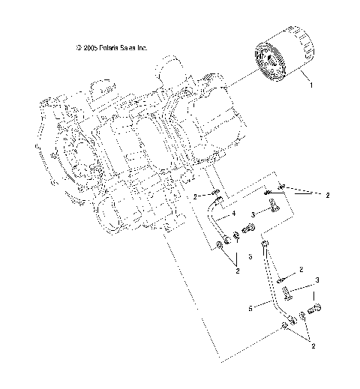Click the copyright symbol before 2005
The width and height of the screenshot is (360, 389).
click(x=78, y=47)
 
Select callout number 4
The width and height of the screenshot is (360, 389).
click(x=234, y=214)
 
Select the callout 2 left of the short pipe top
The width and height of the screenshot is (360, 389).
click(x=194, y=196)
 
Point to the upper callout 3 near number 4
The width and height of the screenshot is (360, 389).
click(x=253, y=214)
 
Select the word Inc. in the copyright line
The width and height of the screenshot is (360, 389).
click(x=141, y=47)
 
